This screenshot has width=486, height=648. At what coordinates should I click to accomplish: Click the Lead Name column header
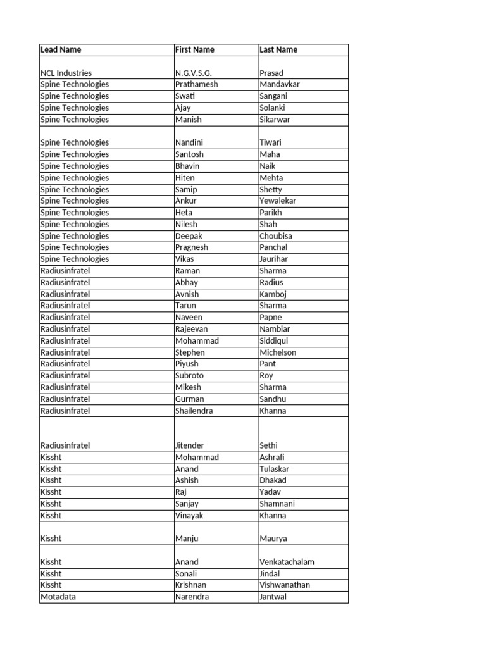(61, 49)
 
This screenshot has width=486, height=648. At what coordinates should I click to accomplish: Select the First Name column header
(195, 49)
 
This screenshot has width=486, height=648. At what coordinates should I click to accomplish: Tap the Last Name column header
(278, 49)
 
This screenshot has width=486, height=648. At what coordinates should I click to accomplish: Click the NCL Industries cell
(66, 73)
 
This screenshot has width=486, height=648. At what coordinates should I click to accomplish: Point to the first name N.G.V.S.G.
(194, 73)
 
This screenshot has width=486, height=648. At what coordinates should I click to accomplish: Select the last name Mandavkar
(280, 84)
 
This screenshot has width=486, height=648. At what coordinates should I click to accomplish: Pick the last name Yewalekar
(278, 201)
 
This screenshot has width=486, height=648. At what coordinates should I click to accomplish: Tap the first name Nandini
(189, 142)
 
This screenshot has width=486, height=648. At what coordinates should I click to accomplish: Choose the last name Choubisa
(276, 236)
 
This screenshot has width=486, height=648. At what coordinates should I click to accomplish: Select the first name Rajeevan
(192, 329)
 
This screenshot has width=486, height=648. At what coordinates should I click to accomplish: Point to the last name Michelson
(278, 352)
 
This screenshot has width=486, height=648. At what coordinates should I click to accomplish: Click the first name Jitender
(190, 445)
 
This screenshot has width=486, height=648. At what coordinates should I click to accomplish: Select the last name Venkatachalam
(287, 562)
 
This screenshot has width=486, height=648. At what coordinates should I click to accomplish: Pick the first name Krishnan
(190, 585)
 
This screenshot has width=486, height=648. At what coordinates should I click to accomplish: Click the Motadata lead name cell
(58, 597)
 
